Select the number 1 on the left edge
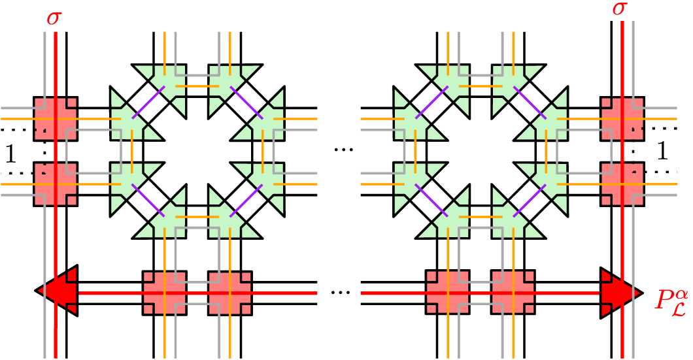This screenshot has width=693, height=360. click(10, 154)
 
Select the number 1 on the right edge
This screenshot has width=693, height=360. click(663, 152)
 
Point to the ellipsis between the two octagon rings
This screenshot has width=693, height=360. click(343, 150)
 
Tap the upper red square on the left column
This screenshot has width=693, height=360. click(56, 118)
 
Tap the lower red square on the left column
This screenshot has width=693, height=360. click(56, 184)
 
